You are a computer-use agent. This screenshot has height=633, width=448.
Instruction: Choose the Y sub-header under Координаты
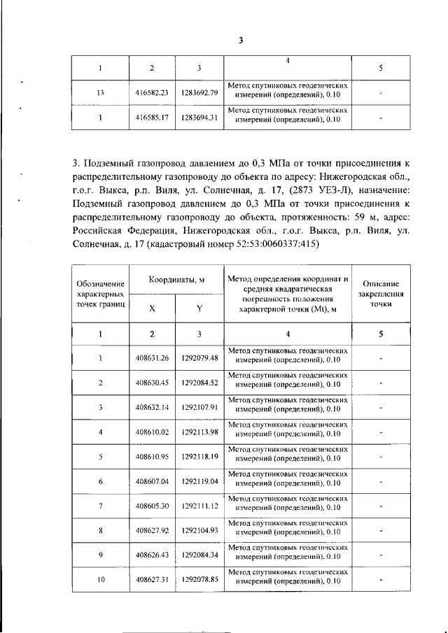[199, 308]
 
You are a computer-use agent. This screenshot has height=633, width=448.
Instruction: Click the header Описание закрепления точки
[380, 294]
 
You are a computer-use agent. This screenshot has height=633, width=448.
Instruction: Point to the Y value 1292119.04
[199, 481]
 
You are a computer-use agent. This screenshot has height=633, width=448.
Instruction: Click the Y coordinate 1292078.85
[199, 580]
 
